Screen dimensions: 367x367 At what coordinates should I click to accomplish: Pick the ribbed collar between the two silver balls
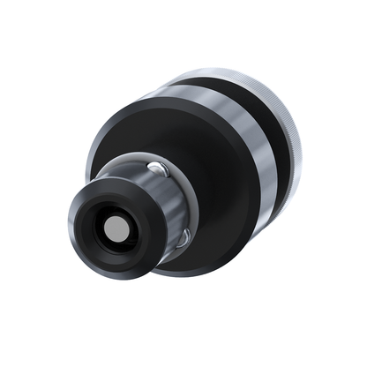(x=171, y=203)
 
